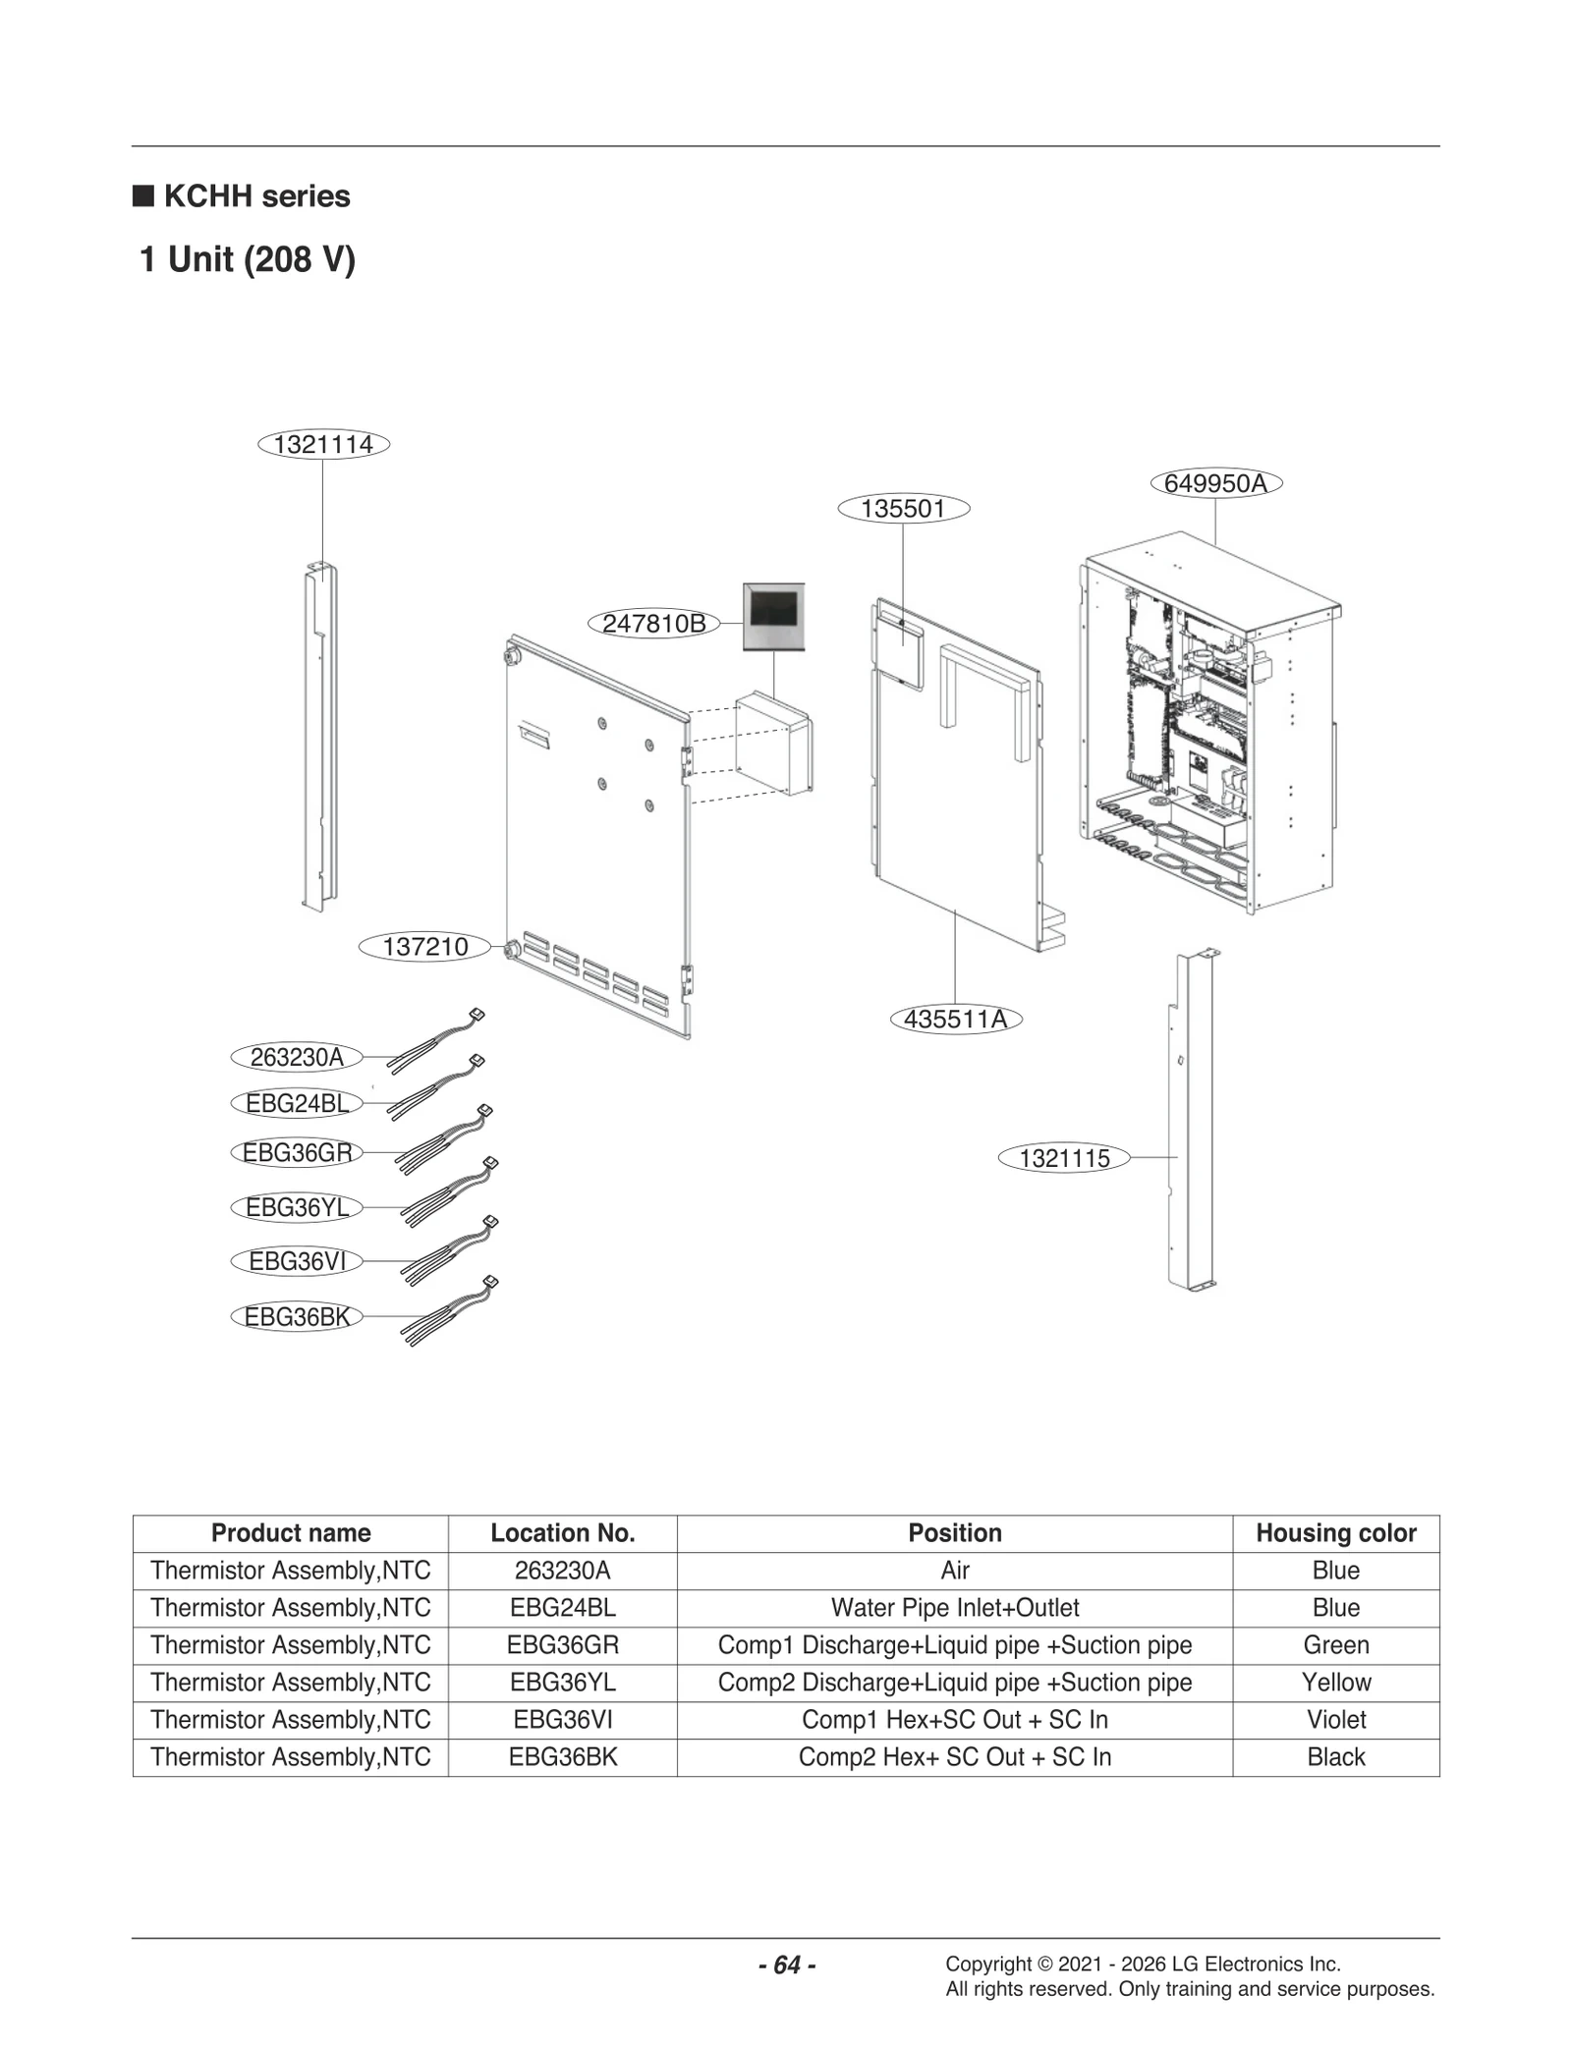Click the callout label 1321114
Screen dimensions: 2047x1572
point(323,445)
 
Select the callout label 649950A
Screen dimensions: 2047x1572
point(1215,483)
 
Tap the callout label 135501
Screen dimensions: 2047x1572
point(903,509)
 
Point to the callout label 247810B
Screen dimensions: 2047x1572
point(653,624)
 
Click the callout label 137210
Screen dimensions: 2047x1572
point(424,947)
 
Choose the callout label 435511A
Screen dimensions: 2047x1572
point(955,1020)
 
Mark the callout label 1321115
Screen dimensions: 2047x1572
point(1064,1159)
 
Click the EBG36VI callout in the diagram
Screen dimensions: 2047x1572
point(297,1261)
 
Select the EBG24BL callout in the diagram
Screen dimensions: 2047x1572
point(297,1104)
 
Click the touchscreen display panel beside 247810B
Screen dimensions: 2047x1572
point(773,616)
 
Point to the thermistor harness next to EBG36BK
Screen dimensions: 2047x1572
point(448,1311)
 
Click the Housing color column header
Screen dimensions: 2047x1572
point(1335,1533)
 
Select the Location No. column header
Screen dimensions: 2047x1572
point(562,1533)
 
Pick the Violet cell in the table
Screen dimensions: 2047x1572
point(1335,1720)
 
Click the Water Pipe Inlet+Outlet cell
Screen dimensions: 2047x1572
point(954,1608)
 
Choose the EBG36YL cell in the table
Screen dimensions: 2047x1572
point(562,1683)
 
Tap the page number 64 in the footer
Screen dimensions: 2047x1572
point(787,1964)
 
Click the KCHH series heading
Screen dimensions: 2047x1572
point(256,196)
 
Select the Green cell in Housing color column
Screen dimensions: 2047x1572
point(1335,1645)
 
